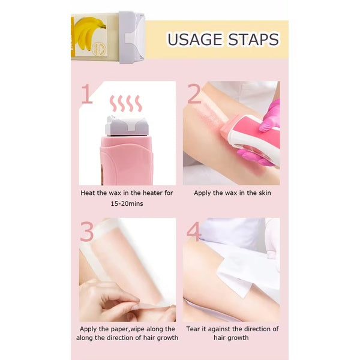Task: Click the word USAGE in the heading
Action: coord(194,40)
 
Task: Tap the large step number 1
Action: coord(87,94)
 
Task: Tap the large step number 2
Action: coord(194,94)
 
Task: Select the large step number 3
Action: coord(87,232)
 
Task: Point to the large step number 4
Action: coord(194,232)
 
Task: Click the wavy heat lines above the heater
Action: coord(125,103)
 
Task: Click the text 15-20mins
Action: coord(126,204)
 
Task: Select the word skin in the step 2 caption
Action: coord(265,193)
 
